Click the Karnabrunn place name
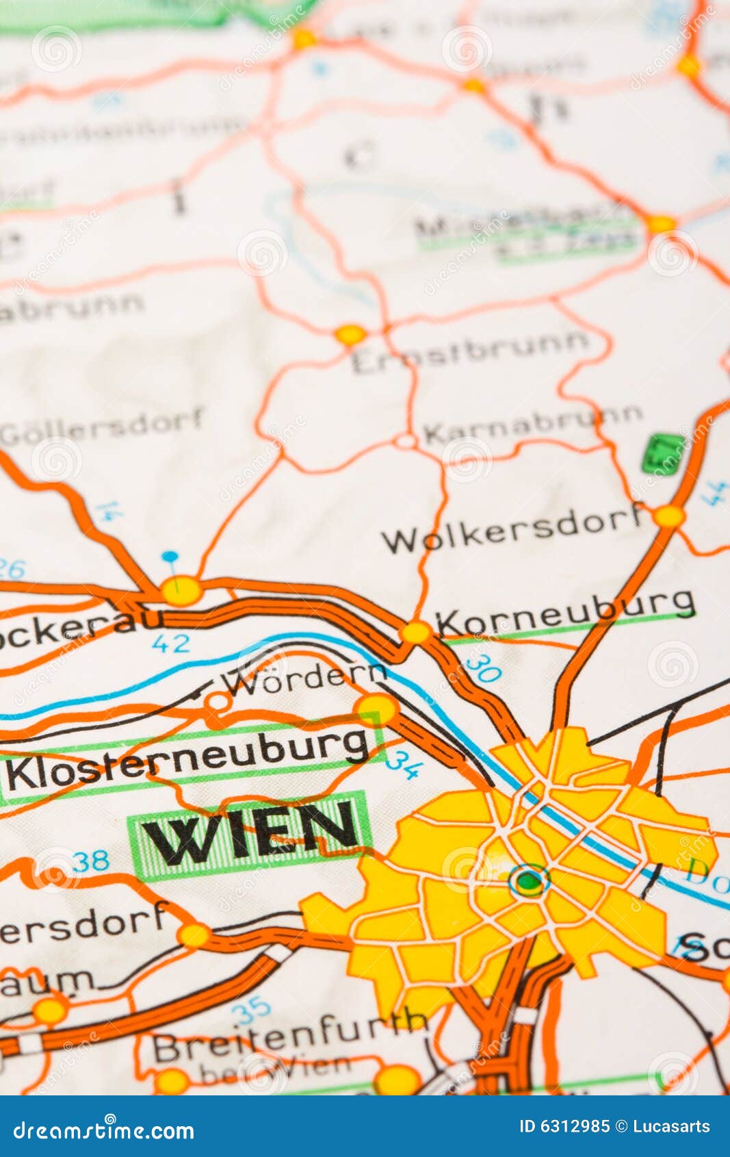click(x=533, y=425)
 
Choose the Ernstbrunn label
click(x=470, y=351)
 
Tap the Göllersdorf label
click(x=103, y=426)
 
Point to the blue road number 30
click(x=483, y=668)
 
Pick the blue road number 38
click(x=91, y=861)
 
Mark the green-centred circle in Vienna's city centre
click(x=529, y=881)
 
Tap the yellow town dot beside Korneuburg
click(x=415, y=632)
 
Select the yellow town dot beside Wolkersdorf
click(x=668, y=516)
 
